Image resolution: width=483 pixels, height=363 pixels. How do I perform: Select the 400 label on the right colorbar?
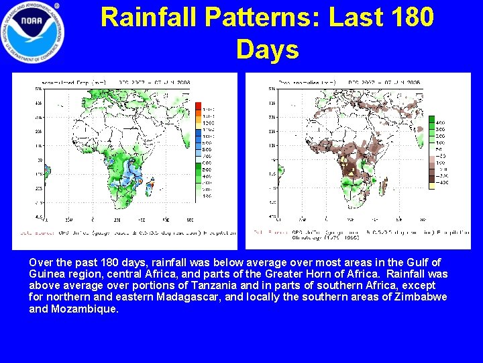(441, 123)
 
